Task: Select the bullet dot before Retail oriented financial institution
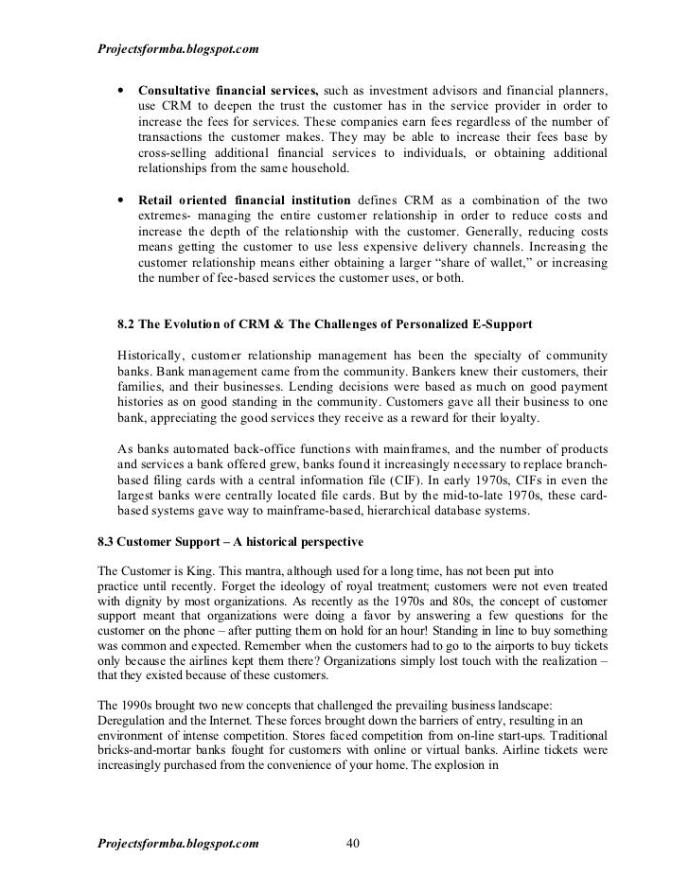click(119, 201)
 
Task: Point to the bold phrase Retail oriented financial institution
click(244, 201)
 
